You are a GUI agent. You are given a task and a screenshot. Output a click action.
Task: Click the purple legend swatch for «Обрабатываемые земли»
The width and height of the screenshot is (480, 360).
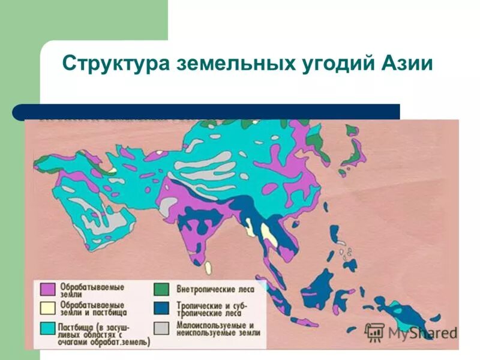[x=47, y=289]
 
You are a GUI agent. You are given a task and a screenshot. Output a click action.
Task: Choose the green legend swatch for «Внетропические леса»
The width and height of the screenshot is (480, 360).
[x=160, y=289]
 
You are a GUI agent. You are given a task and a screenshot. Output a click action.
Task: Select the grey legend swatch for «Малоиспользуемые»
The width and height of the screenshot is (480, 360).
[x=160, y=328]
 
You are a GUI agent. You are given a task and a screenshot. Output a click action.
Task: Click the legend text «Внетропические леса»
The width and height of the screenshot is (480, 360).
[x=215, y=289]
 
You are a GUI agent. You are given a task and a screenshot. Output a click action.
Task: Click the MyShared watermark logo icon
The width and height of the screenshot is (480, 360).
[x=374, y=332]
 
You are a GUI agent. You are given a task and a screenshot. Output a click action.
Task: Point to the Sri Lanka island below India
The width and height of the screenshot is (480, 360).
[x=208, y=266]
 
